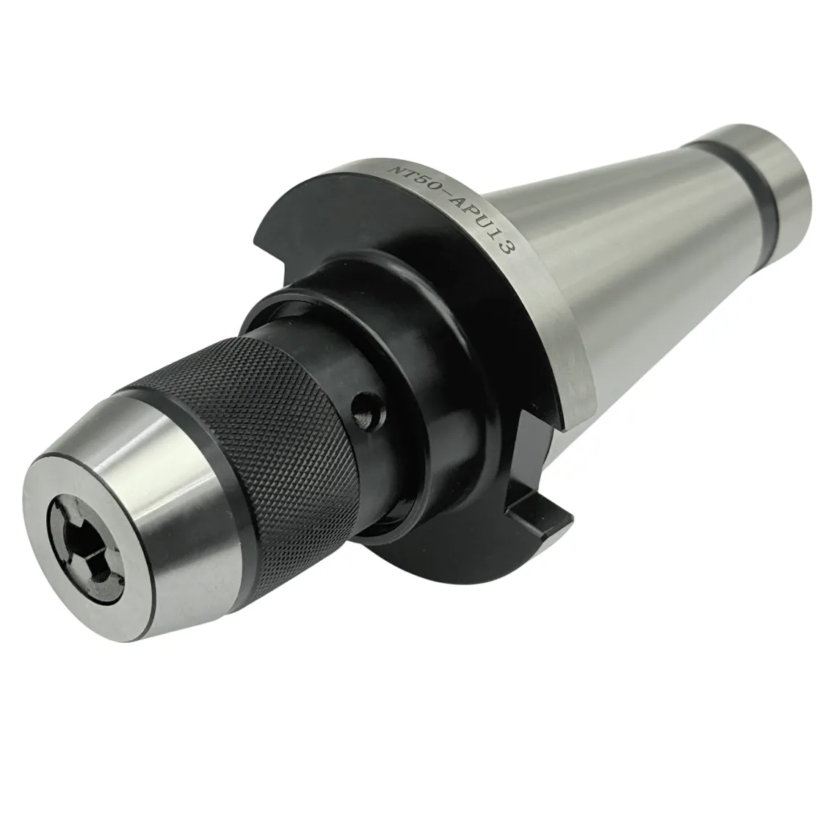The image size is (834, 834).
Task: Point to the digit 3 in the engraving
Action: (505, 246)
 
